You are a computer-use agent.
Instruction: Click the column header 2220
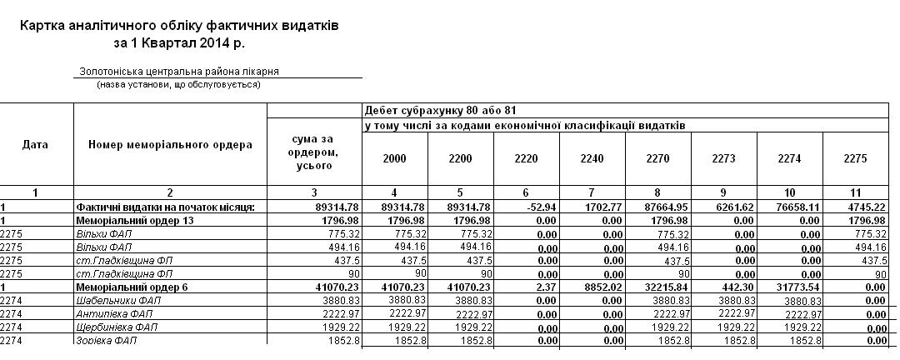[527, 158]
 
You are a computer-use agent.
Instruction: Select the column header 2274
[789, 158]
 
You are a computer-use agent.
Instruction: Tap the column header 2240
[592, 158]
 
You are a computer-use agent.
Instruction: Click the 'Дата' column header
[35, 145]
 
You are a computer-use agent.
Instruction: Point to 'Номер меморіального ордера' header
[170, 145]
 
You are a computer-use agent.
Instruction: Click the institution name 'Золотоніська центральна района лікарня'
[178, 72]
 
